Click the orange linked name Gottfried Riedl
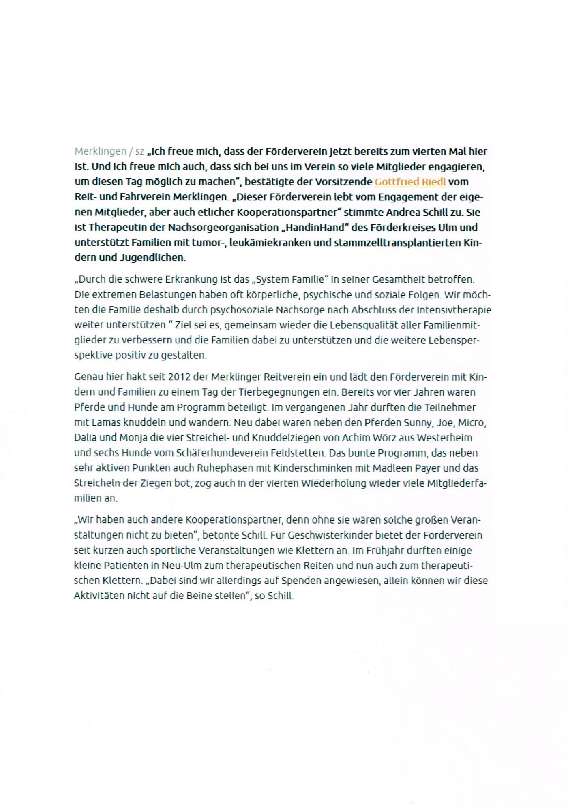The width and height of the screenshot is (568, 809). (410, 182)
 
